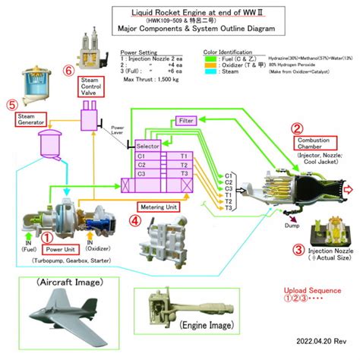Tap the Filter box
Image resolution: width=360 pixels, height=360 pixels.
187,122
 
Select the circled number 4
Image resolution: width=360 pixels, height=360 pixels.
135,220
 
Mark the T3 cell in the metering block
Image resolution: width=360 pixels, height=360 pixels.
183,172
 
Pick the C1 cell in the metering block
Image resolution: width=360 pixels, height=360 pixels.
141,154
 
